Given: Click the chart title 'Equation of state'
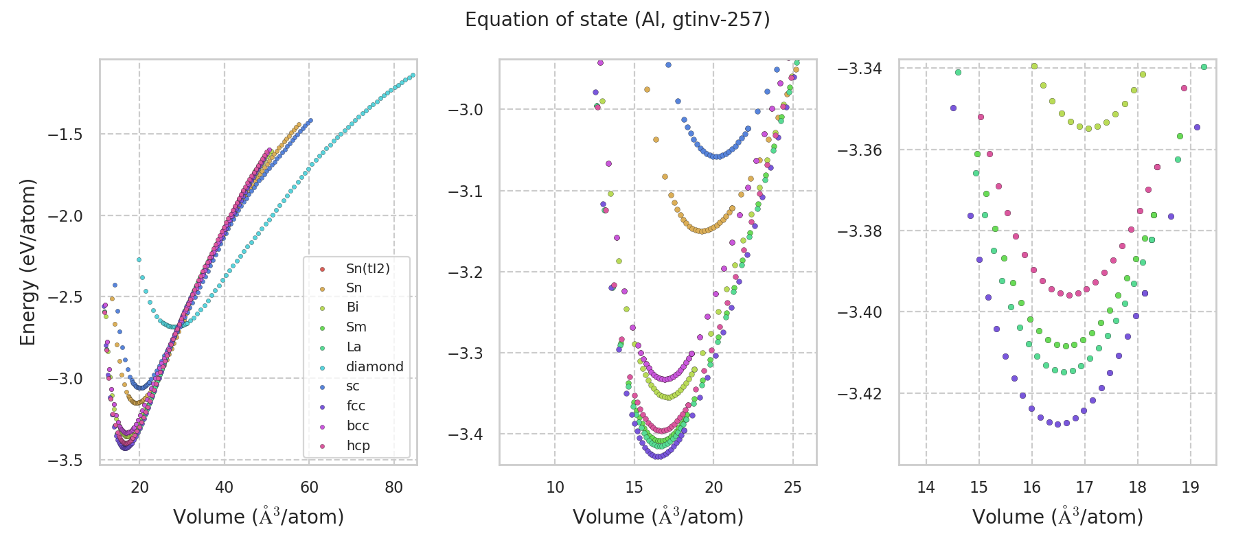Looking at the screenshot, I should [617, 19].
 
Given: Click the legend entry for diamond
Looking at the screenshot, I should [374, 366].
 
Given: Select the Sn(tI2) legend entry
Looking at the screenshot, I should [367, 268].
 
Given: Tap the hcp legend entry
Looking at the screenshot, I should [358, 445].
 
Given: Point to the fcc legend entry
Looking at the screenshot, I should [356, 406].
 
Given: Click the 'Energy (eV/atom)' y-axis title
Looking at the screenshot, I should [27, 262].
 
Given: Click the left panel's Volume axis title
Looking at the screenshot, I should [258, 517].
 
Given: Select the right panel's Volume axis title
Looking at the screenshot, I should [1057, 517].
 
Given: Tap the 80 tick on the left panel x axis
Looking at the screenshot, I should [394, 487].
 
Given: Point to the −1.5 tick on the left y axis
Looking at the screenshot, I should [65, 135].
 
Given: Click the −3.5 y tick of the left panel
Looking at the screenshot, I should [65, 460].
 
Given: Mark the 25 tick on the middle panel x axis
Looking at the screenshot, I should [793, 487].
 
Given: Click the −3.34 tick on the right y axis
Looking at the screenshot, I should [860, 69].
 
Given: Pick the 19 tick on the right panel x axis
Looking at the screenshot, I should [1190, 487].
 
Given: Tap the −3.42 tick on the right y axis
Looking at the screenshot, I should [860, 393].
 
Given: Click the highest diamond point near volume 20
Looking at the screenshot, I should [139, 259].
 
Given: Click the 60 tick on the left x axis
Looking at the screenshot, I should [309, 487].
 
